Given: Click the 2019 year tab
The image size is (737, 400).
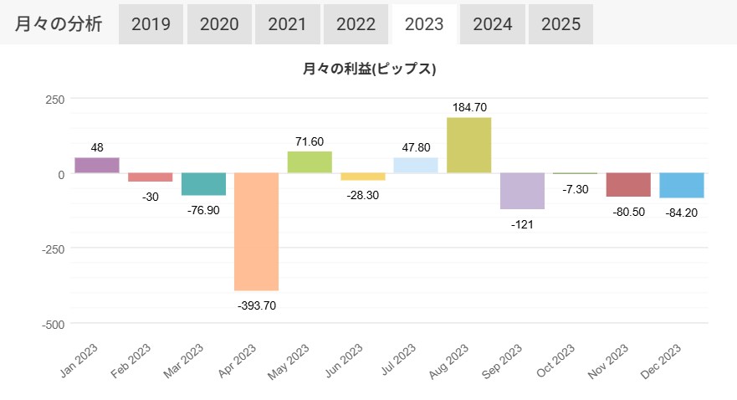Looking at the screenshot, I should coord(151,24).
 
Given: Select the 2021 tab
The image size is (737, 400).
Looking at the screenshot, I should coord(288,24).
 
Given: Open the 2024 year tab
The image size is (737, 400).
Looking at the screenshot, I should coord(492,24).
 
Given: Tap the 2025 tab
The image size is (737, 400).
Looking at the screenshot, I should coord(560,24).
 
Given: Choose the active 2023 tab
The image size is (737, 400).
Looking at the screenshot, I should coord(424,24).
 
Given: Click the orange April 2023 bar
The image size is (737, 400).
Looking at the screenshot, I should coord(257,231).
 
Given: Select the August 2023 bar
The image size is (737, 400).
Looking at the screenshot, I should coord(468,145).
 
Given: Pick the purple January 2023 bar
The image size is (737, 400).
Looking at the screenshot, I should coord(97,165).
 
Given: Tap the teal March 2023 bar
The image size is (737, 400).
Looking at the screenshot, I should coord(203,184).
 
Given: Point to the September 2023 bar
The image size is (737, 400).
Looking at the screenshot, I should coord(522,191).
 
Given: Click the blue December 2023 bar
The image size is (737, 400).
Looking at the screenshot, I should coord(682,186).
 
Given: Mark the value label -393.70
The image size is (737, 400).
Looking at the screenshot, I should coord(257,305).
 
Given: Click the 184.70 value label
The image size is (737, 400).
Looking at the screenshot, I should coord(468,107).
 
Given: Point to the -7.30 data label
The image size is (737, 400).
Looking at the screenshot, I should coord(576,190).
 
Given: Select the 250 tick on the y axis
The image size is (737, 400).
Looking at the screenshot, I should coord(54,99).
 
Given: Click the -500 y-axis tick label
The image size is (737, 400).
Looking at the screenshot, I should coord(51,324).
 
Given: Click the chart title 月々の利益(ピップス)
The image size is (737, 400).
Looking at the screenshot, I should coord(370,69).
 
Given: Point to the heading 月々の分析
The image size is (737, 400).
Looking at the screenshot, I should coord(59,24).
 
